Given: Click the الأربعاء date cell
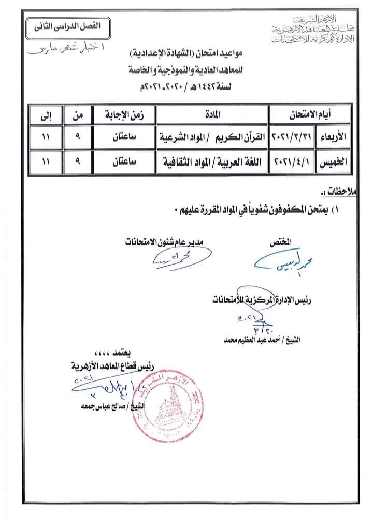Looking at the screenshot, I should [309, 138].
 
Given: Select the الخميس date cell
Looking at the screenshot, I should [309, 162].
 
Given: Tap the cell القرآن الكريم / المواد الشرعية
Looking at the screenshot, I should [212, 138].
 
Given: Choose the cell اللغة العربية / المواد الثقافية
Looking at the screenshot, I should [212, 162].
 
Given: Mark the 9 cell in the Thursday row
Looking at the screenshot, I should [78, 162].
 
